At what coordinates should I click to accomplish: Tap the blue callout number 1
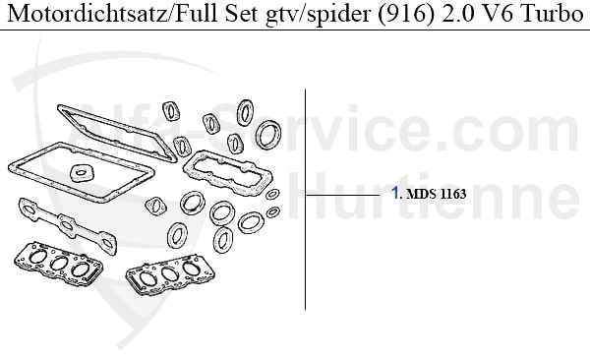[x=395, y=194]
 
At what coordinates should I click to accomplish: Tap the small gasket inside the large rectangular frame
[x=81, y=174]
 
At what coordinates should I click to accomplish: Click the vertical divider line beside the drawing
[x=306, y=197]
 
